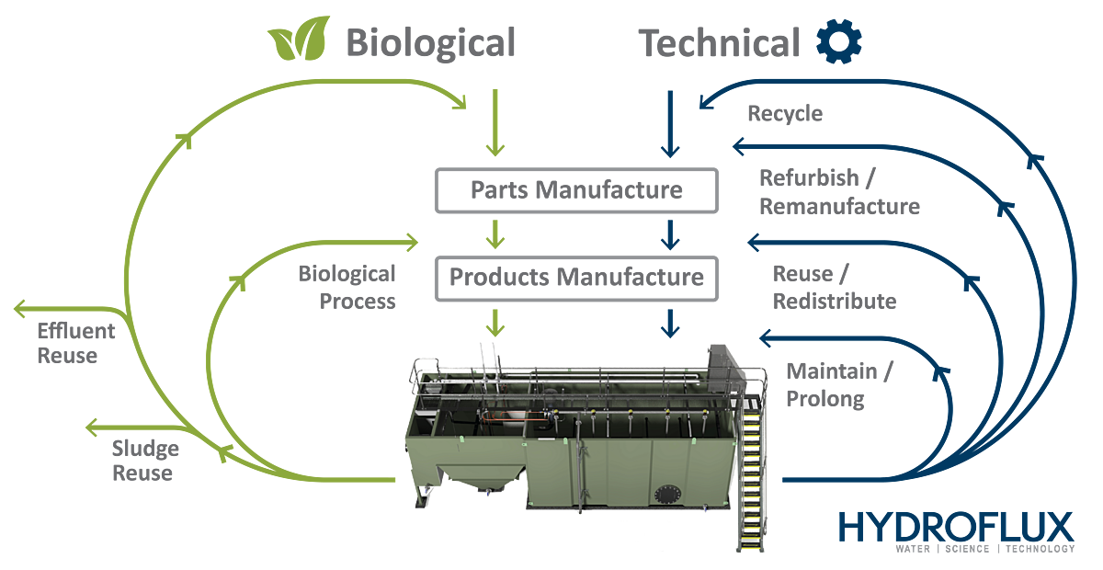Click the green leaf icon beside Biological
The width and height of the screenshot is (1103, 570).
(299, 39)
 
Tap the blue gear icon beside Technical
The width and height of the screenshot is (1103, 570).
(839, 41)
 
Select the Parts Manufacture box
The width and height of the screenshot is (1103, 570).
(576, 190)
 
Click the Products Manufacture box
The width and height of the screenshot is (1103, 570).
(576, 279)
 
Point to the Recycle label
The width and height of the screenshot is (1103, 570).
(785, 114)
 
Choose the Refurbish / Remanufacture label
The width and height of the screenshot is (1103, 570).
(839, 192)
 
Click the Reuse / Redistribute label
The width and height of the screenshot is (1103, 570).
(835, 287)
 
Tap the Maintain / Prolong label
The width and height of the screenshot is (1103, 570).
(839, 385)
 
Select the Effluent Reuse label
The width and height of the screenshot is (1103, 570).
(75, 344)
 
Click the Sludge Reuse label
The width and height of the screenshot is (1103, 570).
(145, 461)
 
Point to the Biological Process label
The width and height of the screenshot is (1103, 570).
(347, 287)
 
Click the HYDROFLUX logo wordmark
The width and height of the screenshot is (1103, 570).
(956, 527)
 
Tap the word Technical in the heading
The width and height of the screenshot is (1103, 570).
(719, 43)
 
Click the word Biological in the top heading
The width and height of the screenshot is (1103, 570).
(430, 43)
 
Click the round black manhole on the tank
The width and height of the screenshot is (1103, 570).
(667, 494)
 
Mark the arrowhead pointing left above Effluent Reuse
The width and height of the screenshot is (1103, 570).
(19, 309)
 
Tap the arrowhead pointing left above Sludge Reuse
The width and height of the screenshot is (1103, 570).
(92, 427)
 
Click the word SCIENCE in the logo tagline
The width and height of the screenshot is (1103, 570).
(967, 549)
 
